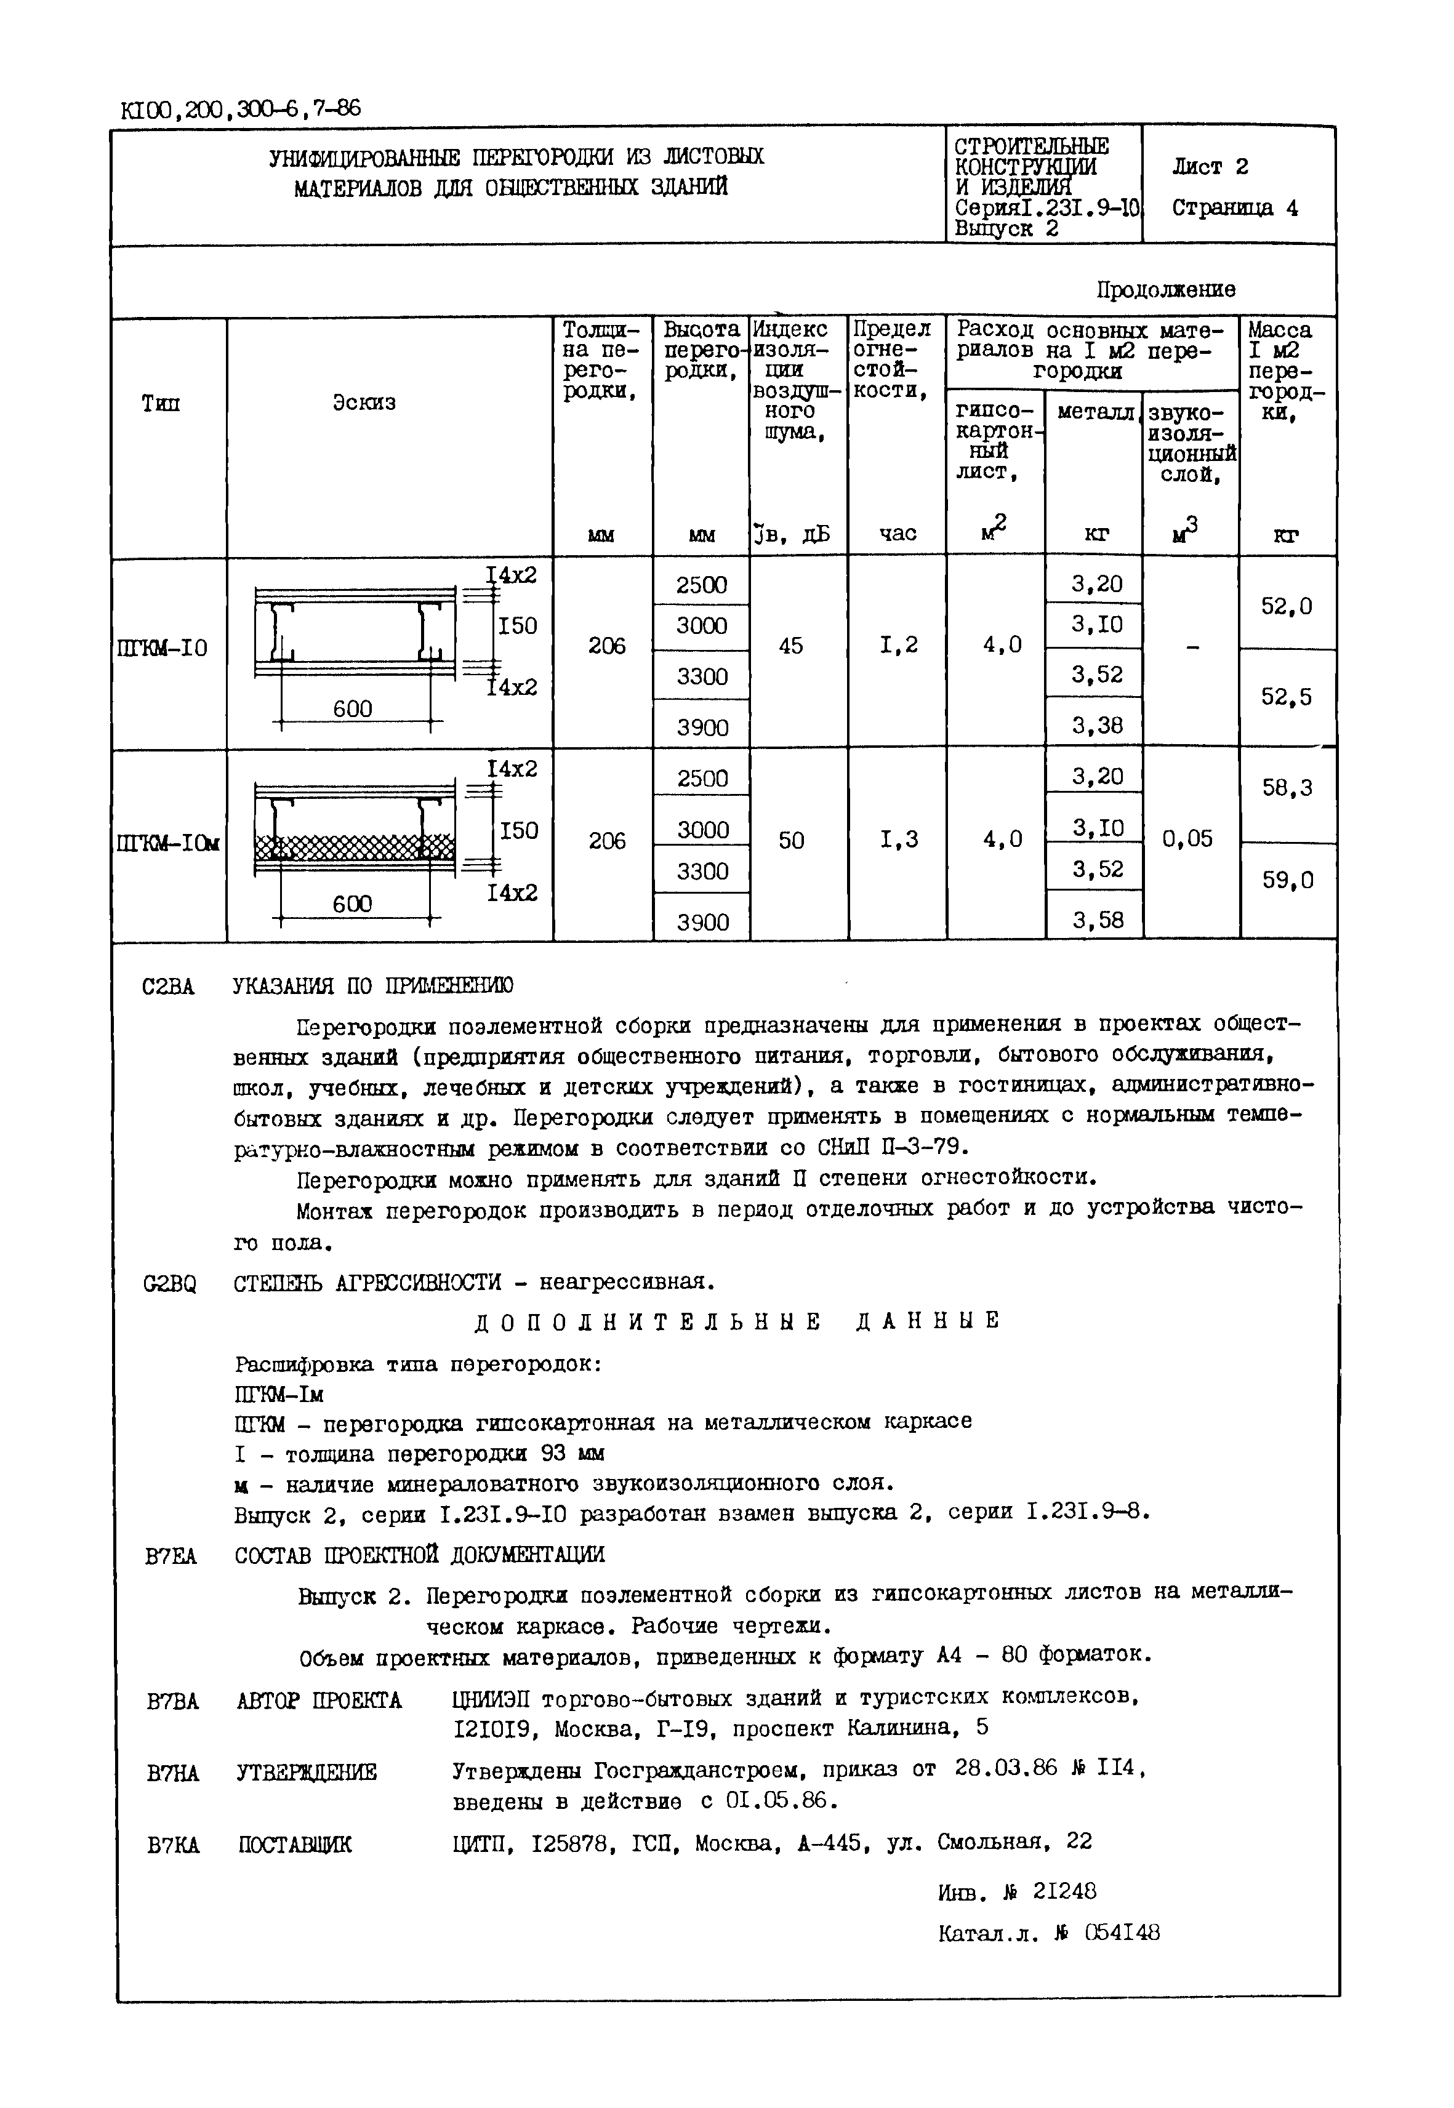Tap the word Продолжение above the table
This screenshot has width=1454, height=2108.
[1165, 290]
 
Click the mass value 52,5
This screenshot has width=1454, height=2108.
[1287, 697]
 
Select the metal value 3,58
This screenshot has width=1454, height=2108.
[1097, 920]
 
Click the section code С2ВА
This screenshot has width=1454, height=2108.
[169, 987]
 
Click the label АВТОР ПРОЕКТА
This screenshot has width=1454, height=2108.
[319, 1701]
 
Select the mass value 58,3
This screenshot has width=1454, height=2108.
[1287, 788]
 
